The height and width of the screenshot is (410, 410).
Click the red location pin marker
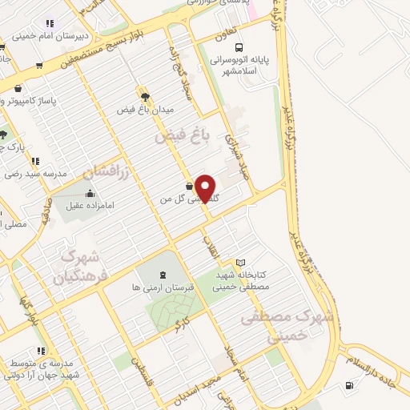coord(207,187)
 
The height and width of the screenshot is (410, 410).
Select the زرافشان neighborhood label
coord(99,170)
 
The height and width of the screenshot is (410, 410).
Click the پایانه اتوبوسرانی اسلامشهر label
coord(244,64)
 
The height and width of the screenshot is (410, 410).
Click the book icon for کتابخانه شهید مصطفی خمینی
coord(240,263)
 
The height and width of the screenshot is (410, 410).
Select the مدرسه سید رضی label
coord(26,174)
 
